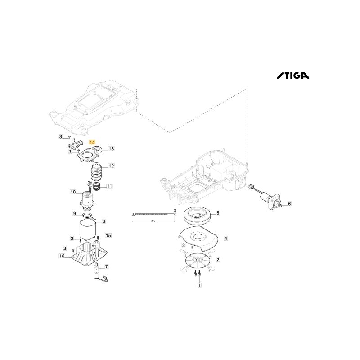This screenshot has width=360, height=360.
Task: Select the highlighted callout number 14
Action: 92,142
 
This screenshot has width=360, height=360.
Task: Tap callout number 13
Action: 112,148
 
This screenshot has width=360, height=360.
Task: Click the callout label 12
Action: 111,166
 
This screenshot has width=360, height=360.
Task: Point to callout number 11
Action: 109,186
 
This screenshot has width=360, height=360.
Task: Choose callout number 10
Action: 72,192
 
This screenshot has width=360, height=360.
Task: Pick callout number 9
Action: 75,213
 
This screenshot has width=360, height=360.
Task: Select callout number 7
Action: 106,267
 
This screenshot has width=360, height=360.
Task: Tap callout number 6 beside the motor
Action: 289,204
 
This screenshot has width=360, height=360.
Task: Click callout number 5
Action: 217,213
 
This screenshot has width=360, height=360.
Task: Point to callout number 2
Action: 218,260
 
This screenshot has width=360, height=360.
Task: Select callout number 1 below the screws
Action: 200,285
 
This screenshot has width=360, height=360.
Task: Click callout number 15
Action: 108,235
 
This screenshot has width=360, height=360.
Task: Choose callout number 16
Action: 62,256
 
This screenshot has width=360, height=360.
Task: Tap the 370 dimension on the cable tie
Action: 153,221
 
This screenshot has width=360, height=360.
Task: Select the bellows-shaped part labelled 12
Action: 98,171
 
